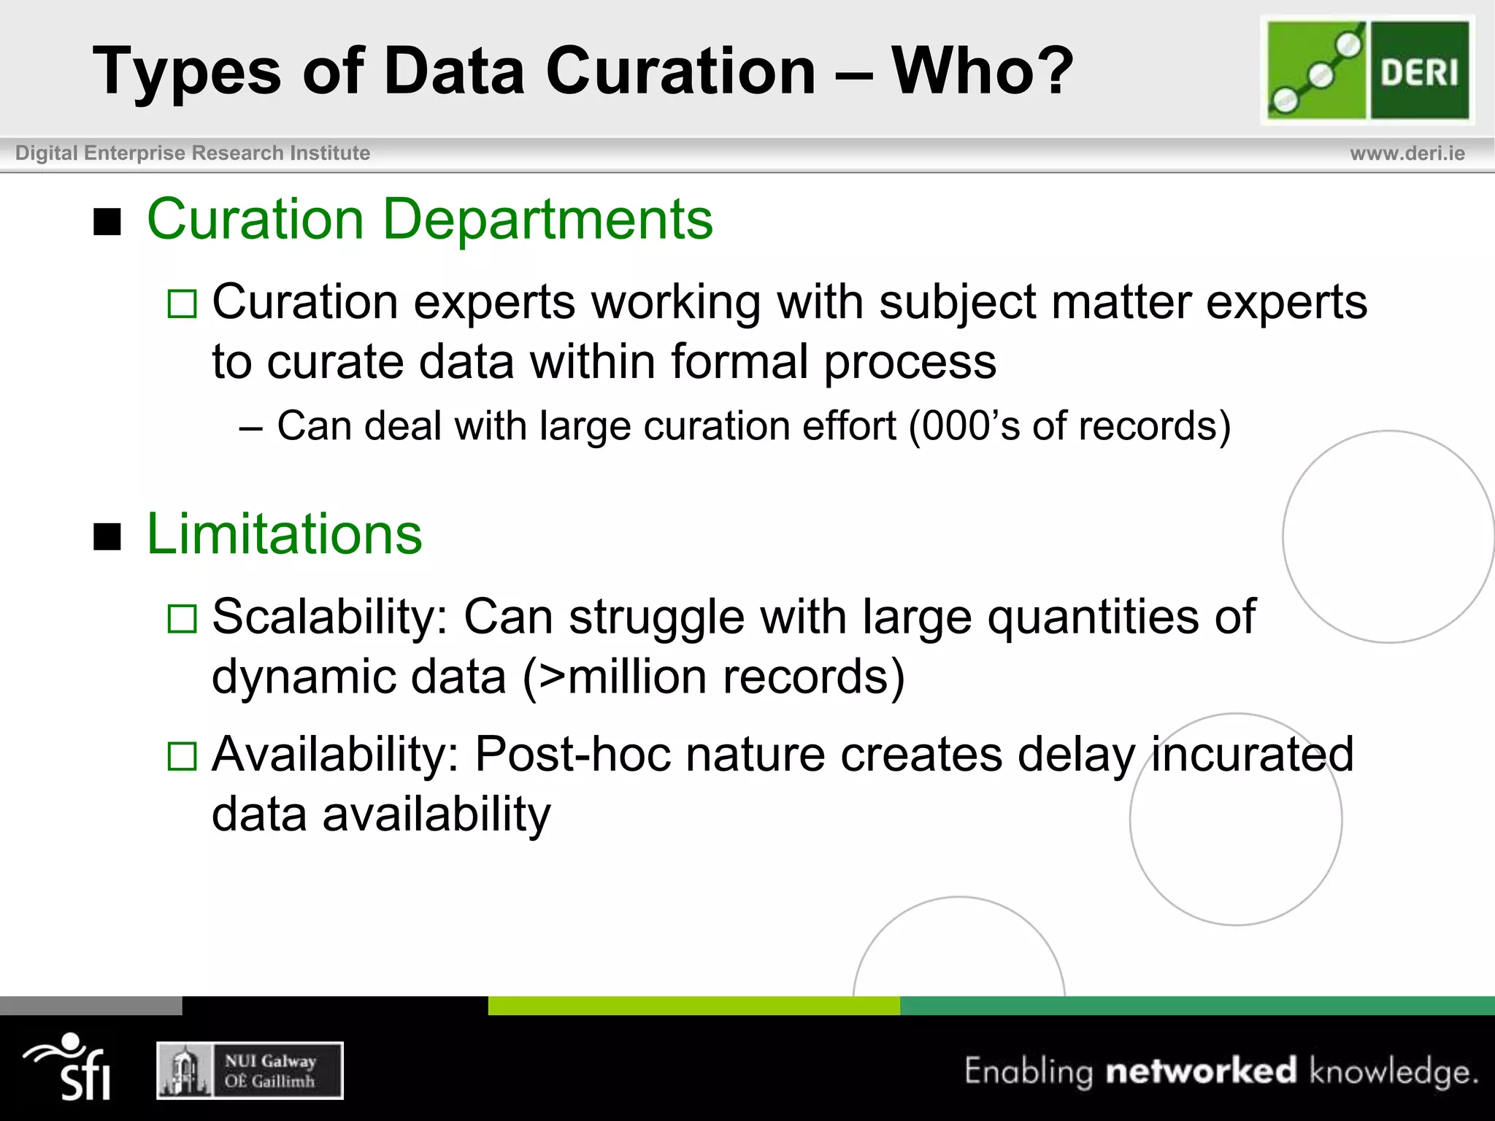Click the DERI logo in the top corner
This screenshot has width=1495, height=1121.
tap(1367, 70)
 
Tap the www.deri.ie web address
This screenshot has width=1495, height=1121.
tap(1407, 153)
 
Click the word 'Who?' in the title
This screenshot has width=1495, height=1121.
tap(983, 71)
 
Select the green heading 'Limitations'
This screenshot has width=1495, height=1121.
tap(284, 534)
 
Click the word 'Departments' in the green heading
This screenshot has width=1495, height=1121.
tap(547, 219)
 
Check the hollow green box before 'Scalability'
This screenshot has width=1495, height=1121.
tap(182, 619)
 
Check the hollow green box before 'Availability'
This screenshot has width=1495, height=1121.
tap(182, 756)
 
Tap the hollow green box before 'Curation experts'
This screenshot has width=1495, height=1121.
tap(182, 304)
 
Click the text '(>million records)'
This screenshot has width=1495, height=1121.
tap(713, 677)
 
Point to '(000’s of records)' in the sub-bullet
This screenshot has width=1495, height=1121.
tap(1069, 426)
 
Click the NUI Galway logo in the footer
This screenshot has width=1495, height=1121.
tap(250, 1071)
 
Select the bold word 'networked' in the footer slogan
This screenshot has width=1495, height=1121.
tap(1201, 1071)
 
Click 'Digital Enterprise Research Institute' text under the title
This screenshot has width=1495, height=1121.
tap(193, 153)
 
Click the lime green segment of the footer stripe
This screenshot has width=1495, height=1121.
tap(693, 1005)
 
